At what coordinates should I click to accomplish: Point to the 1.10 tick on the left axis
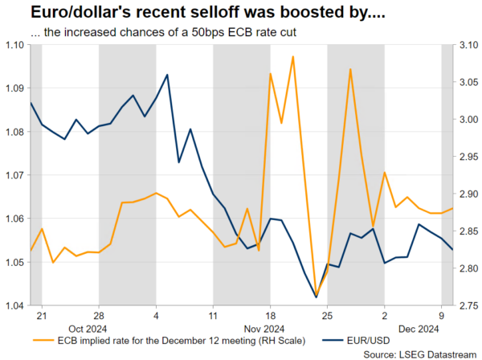click(x=14, y=44)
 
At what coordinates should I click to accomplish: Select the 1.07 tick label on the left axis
click(x=14, y=175)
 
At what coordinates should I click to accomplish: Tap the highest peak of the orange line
click(x=292, y=56)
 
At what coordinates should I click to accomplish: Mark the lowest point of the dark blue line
click(x=316, y=297)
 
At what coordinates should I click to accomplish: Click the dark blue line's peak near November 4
click(x=166, y=75)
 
